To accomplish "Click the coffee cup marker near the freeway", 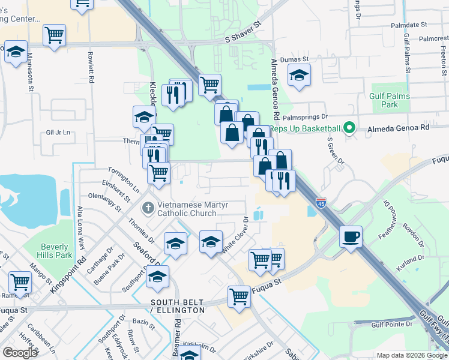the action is pos(351,236).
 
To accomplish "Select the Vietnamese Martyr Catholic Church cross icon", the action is pos(148,208).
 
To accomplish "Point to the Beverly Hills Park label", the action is pos(56,250).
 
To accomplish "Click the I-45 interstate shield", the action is pos(321,204).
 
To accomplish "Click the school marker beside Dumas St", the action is pos(298,76).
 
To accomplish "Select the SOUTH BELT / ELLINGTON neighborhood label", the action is pos(178,306).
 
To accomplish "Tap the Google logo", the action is pos(20,353).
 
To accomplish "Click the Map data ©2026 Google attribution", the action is pos(412,355).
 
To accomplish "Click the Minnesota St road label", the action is pos(29,75).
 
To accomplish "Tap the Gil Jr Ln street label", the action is pos(58,132).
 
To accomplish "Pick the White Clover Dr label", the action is pos(235,234).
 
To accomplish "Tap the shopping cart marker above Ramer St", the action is pos(20,282).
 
